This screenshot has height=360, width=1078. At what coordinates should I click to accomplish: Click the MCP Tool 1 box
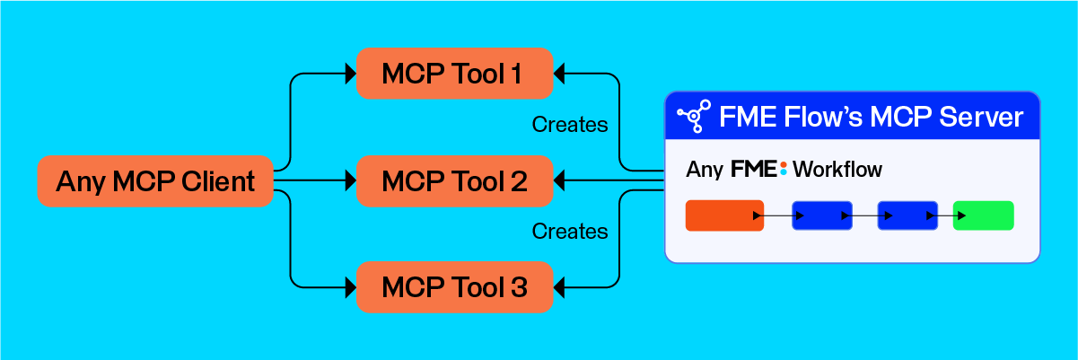pyautogui.click(x=454, y=74)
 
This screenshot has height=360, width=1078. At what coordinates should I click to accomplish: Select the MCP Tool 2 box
pyautogui.click(x=454, y=181)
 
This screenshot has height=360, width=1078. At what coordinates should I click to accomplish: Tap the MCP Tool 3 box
pyautogui.click(x=454, y=288)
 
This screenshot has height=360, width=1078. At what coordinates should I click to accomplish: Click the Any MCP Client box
pyautogui.click(x=155, y=182)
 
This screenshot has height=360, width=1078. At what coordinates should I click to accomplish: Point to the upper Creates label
pyautogui.click(x=570, y=125)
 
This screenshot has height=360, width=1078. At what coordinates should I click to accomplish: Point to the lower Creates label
pyautogui.click(x=570, y=232)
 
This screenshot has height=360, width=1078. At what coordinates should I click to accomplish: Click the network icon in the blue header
pyautogui.click(x=693, y=117)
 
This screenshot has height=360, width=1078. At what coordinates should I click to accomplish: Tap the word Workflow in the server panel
pyautogui.click(x=837, y=169)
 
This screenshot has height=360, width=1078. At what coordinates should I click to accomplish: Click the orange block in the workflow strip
pyautogui.click(x=723, y=215)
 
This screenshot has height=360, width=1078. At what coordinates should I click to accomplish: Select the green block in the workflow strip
pyautogui.click(x=983, y=215)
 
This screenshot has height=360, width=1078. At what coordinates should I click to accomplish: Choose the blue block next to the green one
pyautogui.click(x=907, y=215)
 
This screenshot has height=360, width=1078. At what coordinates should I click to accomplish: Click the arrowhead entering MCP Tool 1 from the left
pyautogui.click(x=351, y=74)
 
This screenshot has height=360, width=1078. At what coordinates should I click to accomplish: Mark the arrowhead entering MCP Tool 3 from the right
pyautogui.click(x=558, y=288)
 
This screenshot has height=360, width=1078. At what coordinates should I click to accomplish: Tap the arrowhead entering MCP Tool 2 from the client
pyautogui.click(x=351, y=181)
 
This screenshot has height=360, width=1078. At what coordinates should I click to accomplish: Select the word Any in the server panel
pyautogui.click(x=705, y=169)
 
